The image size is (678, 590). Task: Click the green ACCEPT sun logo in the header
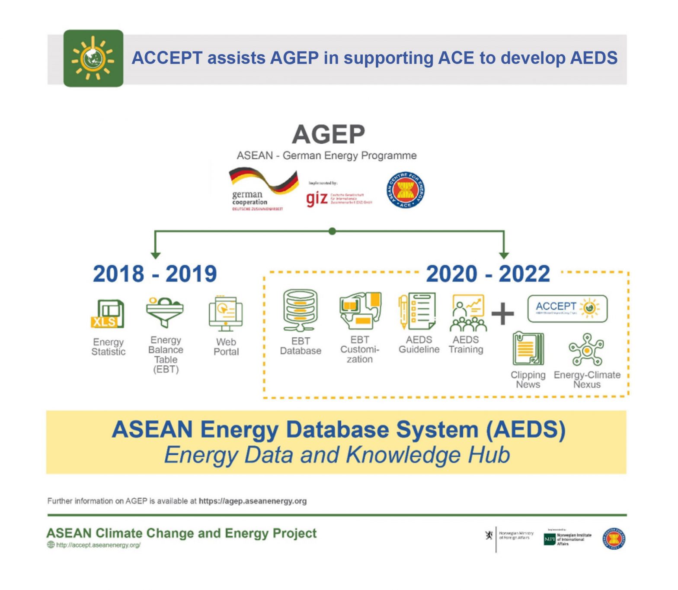(93, 58)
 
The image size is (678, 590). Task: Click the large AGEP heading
(328, 135)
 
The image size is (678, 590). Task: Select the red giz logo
(317, 199)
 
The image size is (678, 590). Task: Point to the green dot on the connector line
(332, 231)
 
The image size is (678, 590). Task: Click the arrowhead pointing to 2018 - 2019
(156, 255)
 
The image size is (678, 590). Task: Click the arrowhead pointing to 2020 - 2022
(504, 255)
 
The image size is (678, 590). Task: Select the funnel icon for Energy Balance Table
(165, 312)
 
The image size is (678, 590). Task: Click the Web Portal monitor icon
(226, 313)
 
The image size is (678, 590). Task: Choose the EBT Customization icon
(360, 310)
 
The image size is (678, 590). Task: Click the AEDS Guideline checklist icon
(417, 311)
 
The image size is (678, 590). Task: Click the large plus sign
(503, 313)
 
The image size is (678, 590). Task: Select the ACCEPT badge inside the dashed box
(567, 309)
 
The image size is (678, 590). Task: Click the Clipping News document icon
(528, 349)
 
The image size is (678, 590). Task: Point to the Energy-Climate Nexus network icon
(586, 350)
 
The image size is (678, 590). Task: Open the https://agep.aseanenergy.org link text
(253, 501)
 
